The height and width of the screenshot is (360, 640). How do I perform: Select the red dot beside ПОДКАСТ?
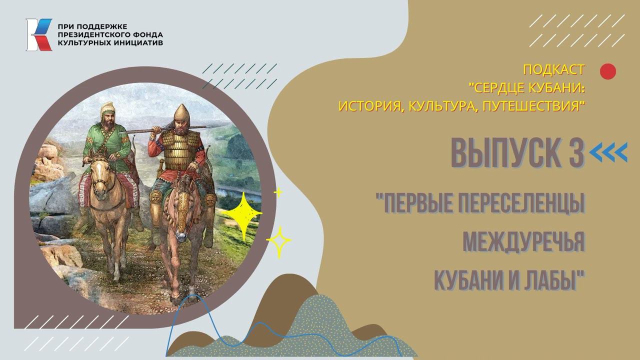607,71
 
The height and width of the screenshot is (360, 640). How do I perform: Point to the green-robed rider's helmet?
107,109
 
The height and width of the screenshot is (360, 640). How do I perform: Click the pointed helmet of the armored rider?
180,112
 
